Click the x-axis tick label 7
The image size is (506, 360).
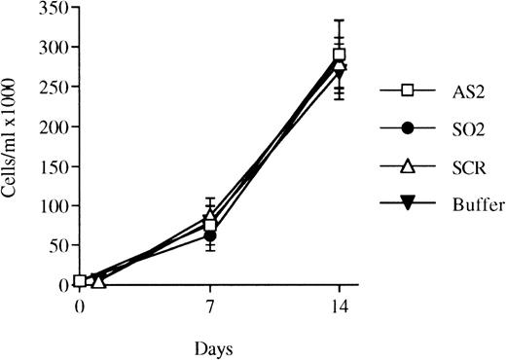210,303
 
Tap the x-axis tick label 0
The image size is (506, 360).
80,303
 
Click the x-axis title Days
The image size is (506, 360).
211,345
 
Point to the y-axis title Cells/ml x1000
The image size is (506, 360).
14,146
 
